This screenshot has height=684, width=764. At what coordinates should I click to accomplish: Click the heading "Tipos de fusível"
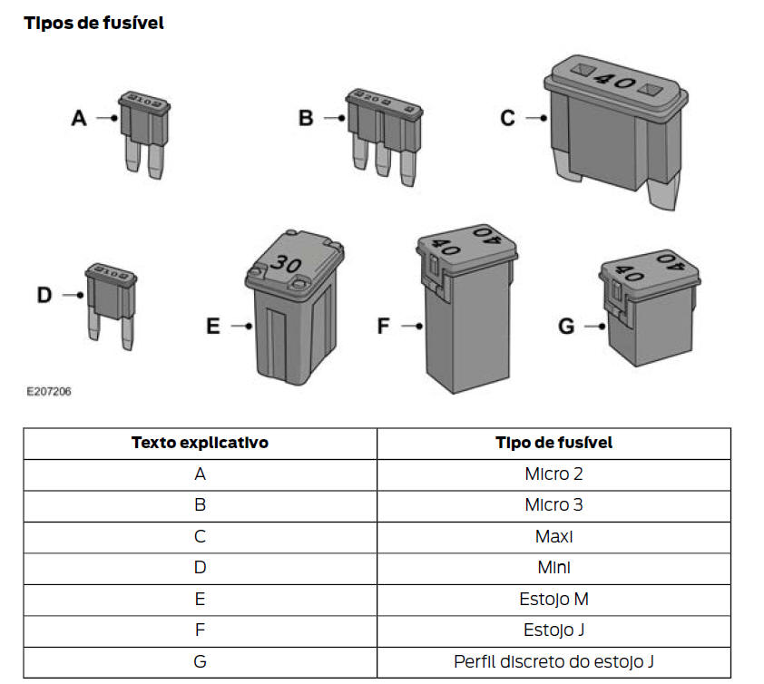(x=93, y=23)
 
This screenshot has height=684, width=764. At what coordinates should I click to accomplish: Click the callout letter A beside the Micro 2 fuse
(x=79, y=118)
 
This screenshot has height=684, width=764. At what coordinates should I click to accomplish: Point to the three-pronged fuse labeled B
(x=384, y=136)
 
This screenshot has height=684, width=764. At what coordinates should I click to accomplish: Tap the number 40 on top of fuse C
(x=616, y=80)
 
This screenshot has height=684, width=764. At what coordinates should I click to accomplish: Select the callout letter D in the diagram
(x=44, y=295)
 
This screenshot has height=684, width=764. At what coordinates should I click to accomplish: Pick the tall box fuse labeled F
(x=466, y=308)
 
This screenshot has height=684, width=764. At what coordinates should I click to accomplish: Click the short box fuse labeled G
(x=650, y=308)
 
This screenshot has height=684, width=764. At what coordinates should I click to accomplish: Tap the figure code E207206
(x=49, y=391)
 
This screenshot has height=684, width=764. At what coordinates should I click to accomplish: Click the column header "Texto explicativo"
(x=200, y=443)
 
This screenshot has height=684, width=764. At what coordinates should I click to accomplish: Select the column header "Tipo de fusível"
(x=554, y=443)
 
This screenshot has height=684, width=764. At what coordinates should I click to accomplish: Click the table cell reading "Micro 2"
(x=554, y=474)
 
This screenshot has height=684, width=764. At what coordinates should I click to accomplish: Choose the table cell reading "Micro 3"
(x=554, y=504)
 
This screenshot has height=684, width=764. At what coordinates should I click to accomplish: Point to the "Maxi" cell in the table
(x=554, y=536)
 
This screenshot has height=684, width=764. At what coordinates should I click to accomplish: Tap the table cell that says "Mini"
(x=554, y=568)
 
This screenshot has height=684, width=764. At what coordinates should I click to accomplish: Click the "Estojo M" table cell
(x=554, y=599)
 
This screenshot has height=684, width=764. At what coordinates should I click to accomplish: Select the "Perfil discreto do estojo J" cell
(x=554, y=661)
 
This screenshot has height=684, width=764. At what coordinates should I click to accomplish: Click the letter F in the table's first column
(x=200, y=630)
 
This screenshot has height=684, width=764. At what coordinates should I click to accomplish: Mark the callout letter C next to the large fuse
(x=508, y=118)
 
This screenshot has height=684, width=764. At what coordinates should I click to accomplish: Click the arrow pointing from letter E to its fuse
(x=241, y=326)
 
